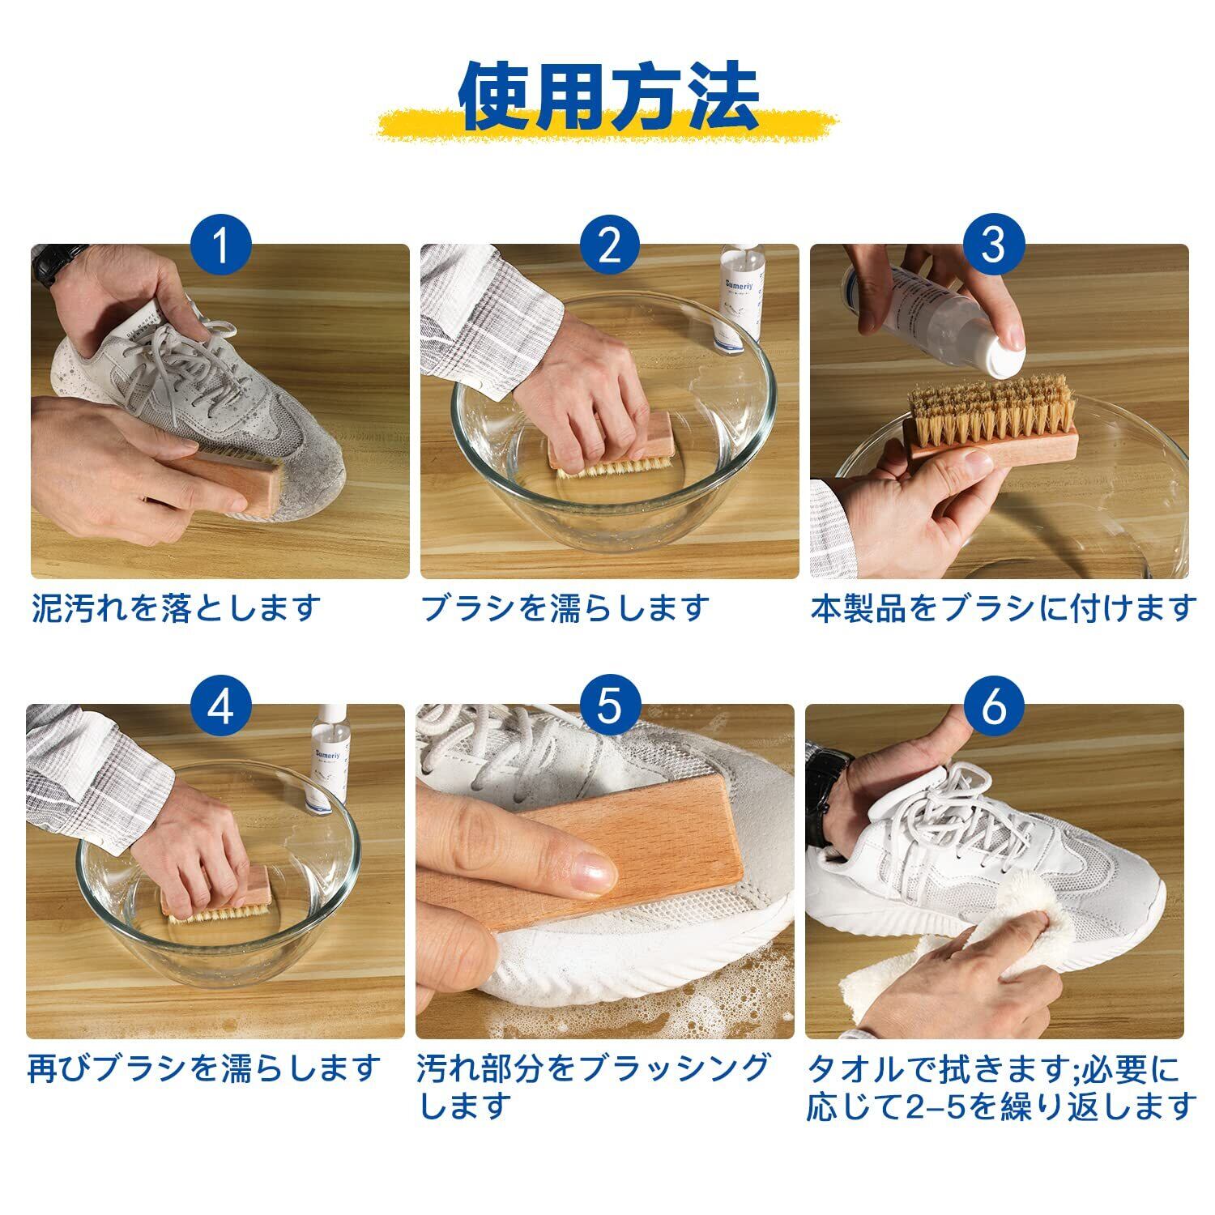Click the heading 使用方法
(608, 98)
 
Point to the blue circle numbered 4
(221, 706)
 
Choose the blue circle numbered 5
(609, 706)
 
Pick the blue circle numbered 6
(994, 706)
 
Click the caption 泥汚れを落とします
(177, 607)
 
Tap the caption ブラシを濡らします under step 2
(565, 607)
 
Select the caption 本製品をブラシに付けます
(1004, 607)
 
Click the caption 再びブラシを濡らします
(203, 1068)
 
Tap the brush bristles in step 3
(990, 414)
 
